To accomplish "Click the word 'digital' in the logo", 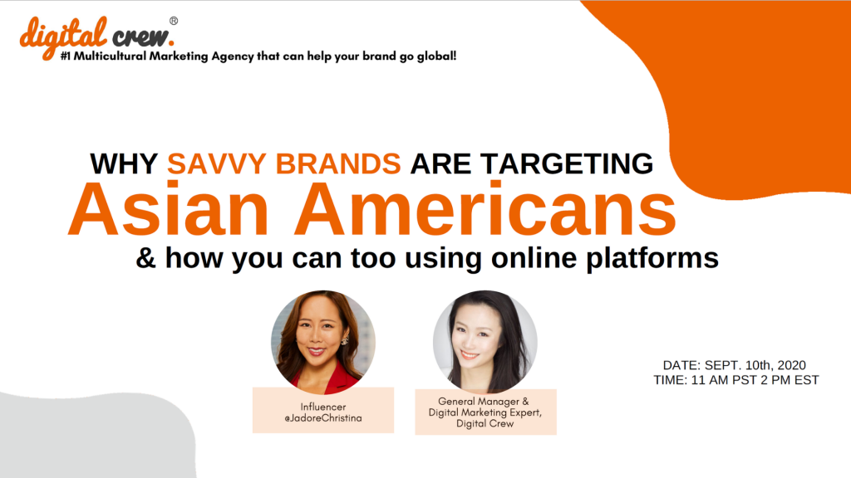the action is pos(63,37).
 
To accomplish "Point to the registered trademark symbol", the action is pos(174,21).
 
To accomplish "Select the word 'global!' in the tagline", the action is pos(436,56).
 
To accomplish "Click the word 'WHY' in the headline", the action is pos(124,163).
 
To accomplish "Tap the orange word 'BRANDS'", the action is pos(338,163).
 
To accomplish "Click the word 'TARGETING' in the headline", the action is pos(567,163).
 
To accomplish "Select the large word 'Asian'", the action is pos(168,210).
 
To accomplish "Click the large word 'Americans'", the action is pos(485,210).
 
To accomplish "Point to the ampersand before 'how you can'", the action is pos(145,258).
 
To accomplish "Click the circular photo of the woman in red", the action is pos(323,342).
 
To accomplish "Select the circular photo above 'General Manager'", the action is pos(485,342).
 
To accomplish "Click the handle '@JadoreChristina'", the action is pos(323,418).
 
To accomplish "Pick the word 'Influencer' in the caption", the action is pos(323,407).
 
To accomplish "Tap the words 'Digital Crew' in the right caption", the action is pos(485,423).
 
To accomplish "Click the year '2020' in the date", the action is pos(791,365).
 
